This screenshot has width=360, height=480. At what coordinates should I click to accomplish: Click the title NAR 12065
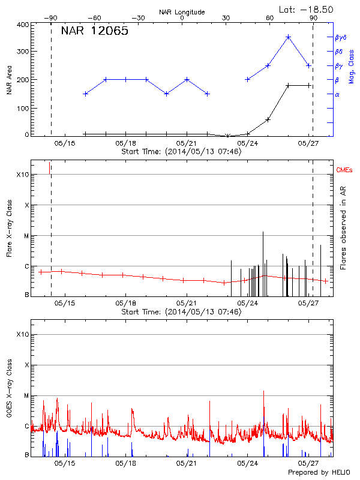click(x=95, y=32)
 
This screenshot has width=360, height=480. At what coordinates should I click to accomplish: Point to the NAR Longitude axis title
click(x=182, y=12)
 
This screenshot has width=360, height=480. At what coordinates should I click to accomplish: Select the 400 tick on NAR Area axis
click(x=23, y=25)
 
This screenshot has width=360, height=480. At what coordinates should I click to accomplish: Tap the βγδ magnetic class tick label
click(x=340, y=37)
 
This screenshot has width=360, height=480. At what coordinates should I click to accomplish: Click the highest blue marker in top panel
click(x=288, y=37)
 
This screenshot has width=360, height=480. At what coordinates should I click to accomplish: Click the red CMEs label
click(x=344, y=171)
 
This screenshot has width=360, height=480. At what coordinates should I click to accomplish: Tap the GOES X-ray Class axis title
click(x=9, y=389)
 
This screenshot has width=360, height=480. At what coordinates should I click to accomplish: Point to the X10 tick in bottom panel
click(x=22, y=334)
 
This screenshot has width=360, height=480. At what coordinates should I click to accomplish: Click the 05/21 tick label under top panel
click(x=187, y=143)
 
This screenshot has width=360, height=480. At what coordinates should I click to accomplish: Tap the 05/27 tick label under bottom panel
click(x=308, y=463)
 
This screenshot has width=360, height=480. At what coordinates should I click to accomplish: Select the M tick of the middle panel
click(x=26, y=236)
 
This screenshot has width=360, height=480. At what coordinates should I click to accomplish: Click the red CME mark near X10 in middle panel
click(x=49, y=168)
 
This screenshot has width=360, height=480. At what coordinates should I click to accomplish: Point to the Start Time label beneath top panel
click(x=181, y=152)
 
